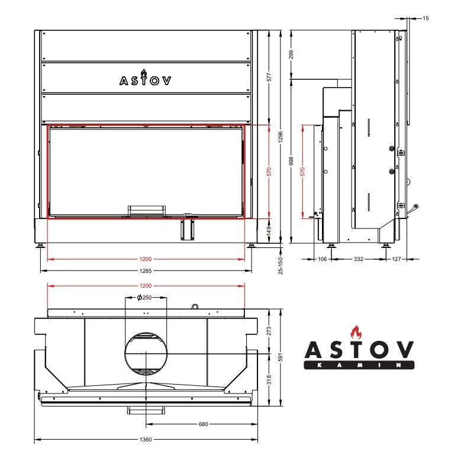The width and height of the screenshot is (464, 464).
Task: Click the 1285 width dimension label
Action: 146,271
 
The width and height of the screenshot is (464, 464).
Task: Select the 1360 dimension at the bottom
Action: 146,439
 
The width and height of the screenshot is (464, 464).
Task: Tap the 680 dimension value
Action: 204,424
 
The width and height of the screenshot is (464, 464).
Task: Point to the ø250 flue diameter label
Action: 144,297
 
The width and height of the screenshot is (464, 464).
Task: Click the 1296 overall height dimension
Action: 281,137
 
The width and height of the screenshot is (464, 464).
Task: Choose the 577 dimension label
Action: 269,78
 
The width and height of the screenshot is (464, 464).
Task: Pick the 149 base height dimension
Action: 269,231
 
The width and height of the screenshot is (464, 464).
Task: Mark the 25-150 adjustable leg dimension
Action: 281,266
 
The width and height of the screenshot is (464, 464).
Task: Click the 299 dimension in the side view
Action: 291,54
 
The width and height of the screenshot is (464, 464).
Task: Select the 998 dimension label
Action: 291,161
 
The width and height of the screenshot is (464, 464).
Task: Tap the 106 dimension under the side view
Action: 322,259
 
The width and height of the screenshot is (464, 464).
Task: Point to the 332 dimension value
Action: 359,259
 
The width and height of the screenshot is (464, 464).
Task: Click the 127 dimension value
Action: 397,259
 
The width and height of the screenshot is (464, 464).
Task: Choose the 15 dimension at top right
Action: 426,18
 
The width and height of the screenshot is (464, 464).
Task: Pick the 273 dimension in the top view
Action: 269,331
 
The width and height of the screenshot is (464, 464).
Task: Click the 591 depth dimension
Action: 281,356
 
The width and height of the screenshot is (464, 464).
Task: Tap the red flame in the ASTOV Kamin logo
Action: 356,333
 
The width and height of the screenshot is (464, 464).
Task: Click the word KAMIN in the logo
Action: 359,365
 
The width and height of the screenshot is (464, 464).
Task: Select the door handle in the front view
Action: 146,211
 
